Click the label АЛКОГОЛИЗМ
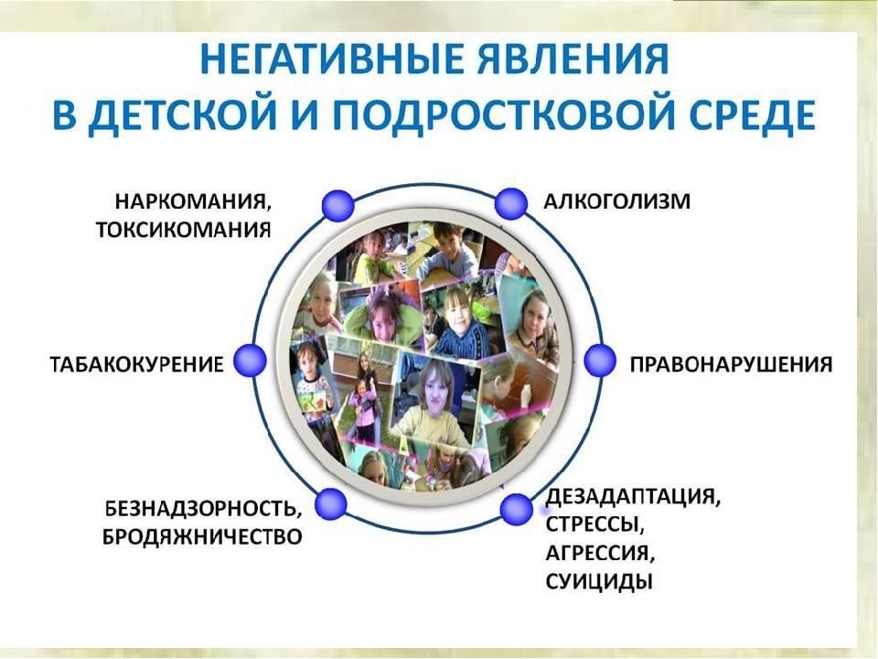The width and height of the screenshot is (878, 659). (x=617, y=201)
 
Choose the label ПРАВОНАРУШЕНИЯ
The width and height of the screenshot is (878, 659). (x=732, y=364)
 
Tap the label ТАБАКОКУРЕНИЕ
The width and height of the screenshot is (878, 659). (x=137, y=364)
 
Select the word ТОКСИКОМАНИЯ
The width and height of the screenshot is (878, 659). (x=184, y=231)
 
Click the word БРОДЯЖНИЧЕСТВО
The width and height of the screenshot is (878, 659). (x=202, y=537)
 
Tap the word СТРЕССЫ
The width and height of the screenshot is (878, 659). (x=593, y=525)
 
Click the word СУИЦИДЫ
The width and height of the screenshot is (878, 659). (x=599, y=582)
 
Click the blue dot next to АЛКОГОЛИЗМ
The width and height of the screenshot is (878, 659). (x=510, y=203)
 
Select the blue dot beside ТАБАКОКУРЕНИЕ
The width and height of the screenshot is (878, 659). (x=249, y=361)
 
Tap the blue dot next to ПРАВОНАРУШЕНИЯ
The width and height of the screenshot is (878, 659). (x=600, y=361)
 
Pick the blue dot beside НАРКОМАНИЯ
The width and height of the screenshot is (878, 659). (x=338, y=205)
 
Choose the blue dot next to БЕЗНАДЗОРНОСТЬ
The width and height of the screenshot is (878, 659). (x=331, y=505)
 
